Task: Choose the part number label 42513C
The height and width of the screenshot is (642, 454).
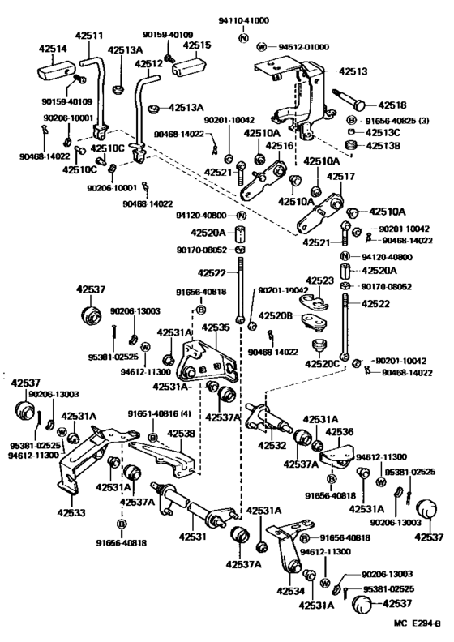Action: tap(381, 132)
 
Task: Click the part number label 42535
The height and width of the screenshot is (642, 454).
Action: tap(216, 328)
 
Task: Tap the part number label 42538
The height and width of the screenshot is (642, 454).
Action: tap(182, 434)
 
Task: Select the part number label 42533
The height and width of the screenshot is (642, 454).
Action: tap(71, 513)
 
